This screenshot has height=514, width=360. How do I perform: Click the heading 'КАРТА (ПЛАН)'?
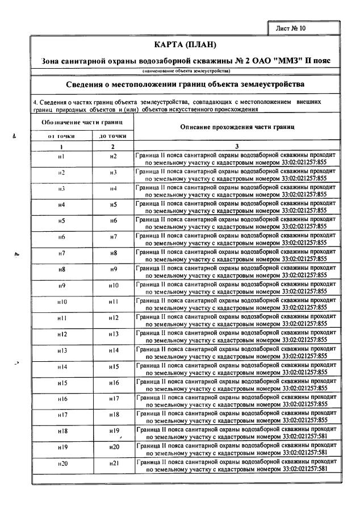(x=185, y=45)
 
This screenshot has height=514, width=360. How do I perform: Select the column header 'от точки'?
(x=61, y=136)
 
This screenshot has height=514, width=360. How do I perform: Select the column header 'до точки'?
(x=113, y=136)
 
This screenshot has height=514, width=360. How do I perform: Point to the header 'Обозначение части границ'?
(x=83, y=122)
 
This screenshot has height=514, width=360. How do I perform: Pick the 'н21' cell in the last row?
(x=114, y=464)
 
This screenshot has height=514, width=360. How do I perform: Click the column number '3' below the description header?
(x=237, y=146)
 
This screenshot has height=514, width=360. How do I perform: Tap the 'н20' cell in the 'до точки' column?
(x=114, y=448)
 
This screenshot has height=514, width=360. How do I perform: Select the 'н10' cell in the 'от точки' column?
(x=62, y=302)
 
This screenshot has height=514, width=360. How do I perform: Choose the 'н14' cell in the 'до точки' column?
(x=114, y=350)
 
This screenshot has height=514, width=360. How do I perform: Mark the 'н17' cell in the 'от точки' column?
(x=62, y=415)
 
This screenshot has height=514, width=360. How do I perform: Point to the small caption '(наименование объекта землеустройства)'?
(x=186, y=71)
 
